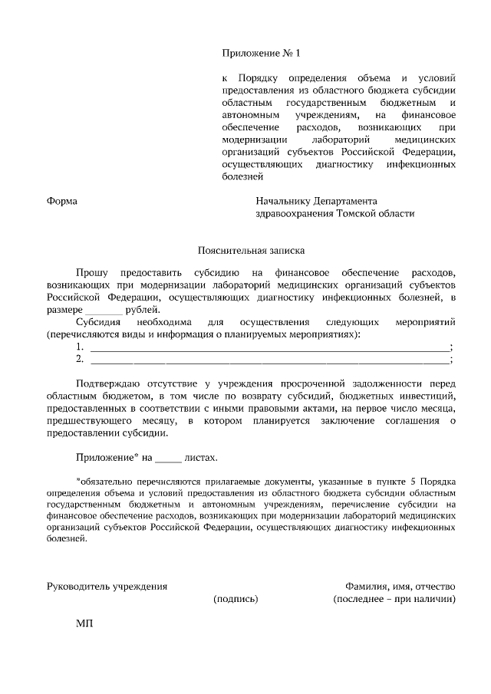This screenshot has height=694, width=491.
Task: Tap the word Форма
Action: coord(62,201)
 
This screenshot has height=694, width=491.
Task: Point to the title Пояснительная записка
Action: coord(251,250)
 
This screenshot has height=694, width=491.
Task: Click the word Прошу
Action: coord(92,272)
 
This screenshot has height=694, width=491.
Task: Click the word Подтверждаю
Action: coord(112,383)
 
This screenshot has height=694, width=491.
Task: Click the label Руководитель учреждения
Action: coord(107,587)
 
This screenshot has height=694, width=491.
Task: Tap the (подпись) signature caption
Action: coord(236,599)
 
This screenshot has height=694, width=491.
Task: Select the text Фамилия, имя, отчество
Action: coord(400,587)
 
